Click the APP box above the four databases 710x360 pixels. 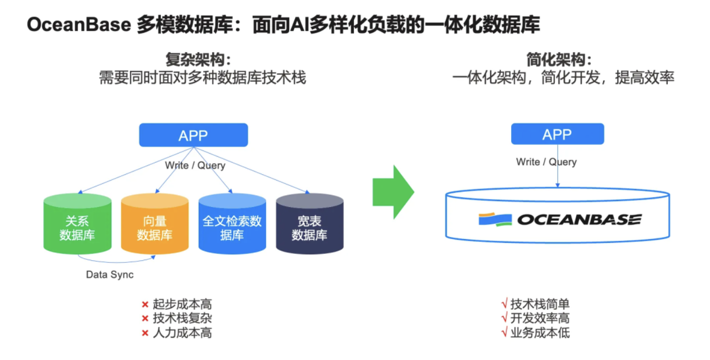(193, 135)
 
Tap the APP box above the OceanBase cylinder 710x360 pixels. (557, 134)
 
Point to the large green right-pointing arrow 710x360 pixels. (393, 192)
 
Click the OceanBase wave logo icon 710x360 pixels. (495, 219)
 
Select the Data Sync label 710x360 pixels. (110, 275)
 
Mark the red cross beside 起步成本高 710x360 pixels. (145, 305)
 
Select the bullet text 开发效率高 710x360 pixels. (540, 318)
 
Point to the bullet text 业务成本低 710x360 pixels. (540, 333)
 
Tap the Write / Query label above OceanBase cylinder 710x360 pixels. (546, 162)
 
